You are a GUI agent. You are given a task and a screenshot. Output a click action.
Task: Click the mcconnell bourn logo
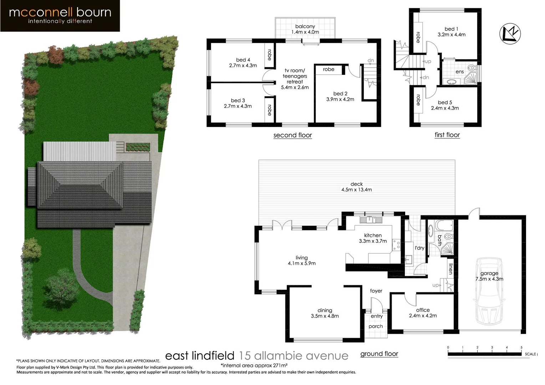click(x=60, y=16)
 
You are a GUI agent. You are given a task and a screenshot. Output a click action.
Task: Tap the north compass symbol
click(x=510, y=34)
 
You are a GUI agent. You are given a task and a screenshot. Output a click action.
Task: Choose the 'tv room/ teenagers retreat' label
click(x=295, y=79)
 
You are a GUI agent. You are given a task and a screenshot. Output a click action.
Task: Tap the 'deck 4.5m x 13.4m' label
click(x=356, y=187)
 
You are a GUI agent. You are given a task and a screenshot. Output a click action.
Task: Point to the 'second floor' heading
click(x=292, y=135)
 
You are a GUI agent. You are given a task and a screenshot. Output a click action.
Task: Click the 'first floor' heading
click(x=447, y=135)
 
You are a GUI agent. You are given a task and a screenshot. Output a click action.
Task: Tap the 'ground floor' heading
click(x=379, y=354)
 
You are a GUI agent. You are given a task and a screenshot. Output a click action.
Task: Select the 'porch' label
click(x=376, y=326)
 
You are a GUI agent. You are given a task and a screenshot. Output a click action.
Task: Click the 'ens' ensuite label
click(x=459, y=72)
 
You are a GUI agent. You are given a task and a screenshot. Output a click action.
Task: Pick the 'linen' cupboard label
click(x=451, y=268)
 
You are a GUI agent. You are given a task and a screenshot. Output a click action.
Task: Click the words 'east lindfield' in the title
click(x=199, y=356)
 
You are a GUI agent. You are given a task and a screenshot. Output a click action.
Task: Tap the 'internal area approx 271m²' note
click(x=254, y=365)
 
